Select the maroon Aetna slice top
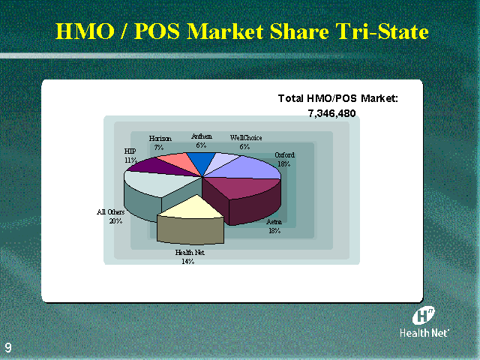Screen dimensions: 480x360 click(x=241, y=187)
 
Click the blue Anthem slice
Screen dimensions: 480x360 click(x=201, y=160)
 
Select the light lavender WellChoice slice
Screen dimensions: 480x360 click(x=221, y=162)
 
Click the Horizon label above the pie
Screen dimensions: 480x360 click(x=160, y=139)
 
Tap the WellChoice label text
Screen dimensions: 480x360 click(x=246, y=138)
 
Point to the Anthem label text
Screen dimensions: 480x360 click(x=202, y=136)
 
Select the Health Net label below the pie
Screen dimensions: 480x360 click(x=190, y=252)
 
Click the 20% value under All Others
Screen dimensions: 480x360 click(x=115, y=220)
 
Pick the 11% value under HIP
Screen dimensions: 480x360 click(x=130, y=160)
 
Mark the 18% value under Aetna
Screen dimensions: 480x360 click(x=274, y=230)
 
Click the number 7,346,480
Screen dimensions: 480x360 click(x=331, y=113)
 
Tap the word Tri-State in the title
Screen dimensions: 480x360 click(x=382, y=31)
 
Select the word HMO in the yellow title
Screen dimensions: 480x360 click(x=85, y=31)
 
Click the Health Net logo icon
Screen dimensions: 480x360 click(x=423, y=316)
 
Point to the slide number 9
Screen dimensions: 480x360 click(x=8, y=348)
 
